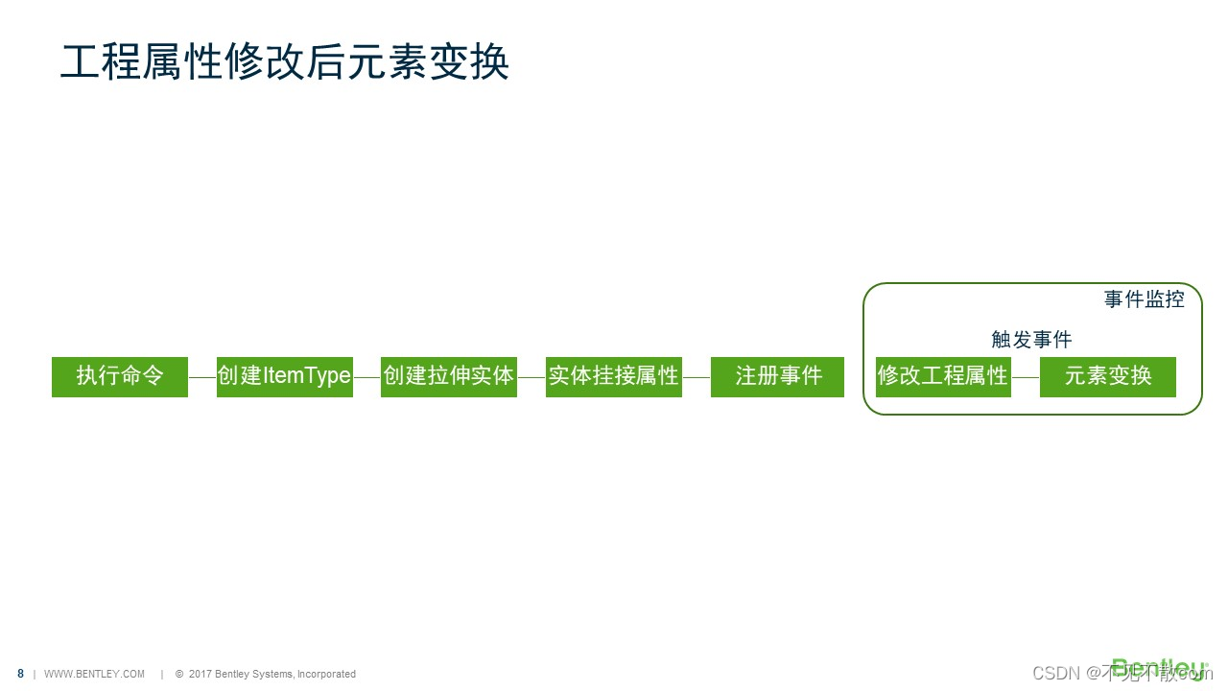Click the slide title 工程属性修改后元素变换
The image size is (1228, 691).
point(284,61)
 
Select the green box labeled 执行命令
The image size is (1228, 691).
point(120,376)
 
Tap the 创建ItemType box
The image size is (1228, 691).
point(285,376)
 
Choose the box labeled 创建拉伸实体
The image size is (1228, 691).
point(449,376)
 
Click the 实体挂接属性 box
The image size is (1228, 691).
point(614,376)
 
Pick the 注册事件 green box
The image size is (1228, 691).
point(778,376)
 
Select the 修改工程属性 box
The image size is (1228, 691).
point(943,376)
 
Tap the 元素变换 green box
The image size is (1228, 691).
point(1108,376)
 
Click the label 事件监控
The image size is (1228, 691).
point(1144,299)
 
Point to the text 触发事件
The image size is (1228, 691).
point(1031,340)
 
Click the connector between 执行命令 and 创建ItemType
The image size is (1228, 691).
point(202,377)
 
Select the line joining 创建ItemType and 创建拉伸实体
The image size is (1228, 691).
point(367,377)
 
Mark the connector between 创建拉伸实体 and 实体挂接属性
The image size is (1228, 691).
point(531,377)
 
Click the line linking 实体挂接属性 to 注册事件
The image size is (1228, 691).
point(697,377)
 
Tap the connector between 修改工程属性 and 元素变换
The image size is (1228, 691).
point(1026,377)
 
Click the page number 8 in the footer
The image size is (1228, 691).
point(21,674)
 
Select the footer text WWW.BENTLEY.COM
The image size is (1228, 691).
point(95,674)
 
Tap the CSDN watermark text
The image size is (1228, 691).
point(1056,673)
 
